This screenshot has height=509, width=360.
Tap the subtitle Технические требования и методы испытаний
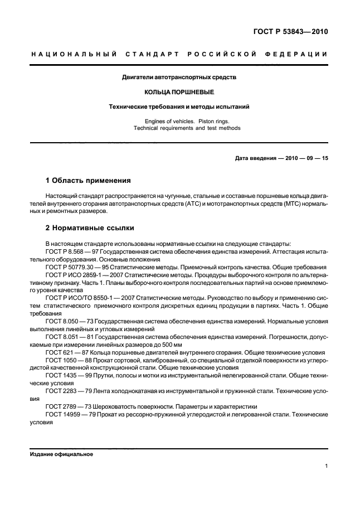tap(179, 105)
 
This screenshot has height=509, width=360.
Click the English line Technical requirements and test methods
tap(179, 128)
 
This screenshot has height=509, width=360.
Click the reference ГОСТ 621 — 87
tap(65, 353)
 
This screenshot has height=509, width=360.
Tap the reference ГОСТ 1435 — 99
tap(66, 376)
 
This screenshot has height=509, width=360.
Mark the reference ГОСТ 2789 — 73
tap(66, 407)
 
